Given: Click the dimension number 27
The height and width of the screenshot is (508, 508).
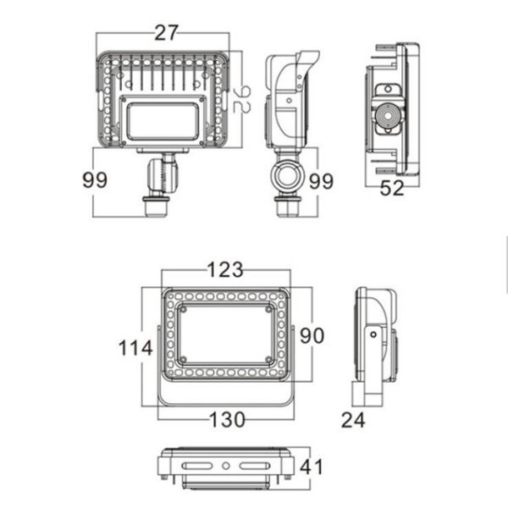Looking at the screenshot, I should [167, 33].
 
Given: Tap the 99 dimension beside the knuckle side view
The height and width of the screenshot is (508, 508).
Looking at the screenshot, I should [321, 181].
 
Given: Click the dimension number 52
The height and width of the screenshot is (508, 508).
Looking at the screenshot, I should [391, 188].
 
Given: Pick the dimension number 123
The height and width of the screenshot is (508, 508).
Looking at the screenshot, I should [225, 270].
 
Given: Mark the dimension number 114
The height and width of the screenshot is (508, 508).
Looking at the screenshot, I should [135, 347].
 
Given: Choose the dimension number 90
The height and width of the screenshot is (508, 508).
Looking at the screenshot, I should [312, 335].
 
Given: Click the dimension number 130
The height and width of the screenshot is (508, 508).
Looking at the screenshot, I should [226, 419].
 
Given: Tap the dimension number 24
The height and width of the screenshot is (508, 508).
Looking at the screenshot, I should [353, 419].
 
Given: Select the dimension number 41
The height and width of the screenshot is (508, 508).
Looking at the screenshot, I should [312, 467].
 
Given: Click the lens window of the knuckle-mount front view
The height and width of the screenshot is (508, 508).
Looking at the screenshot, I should [161, 119].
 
